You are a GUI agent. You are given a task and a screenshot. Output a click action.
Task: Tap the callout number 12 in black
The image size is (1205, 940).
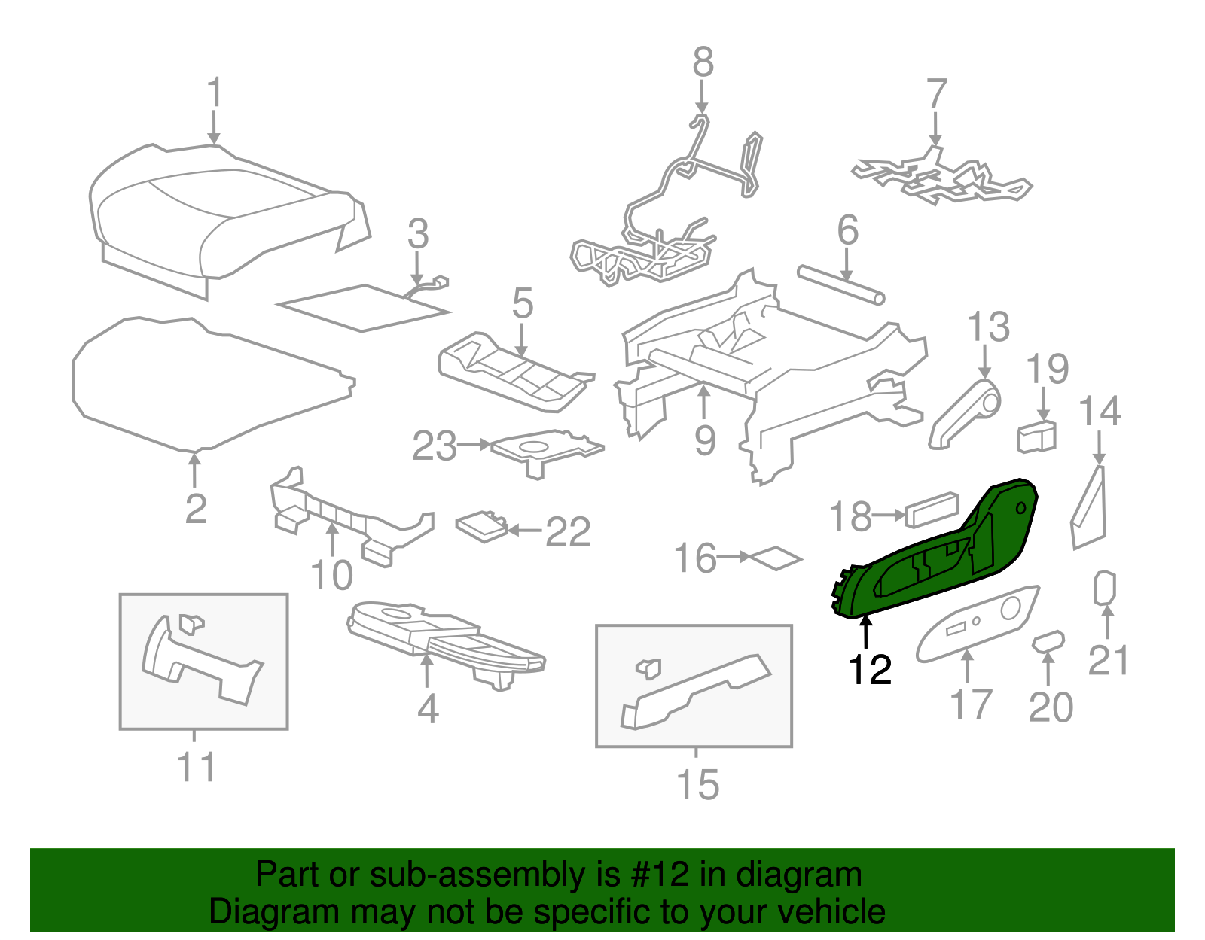(870, 669)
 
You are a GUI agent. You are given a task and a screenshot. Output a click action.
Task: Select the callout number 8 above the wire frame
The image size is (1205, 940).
(703, 62)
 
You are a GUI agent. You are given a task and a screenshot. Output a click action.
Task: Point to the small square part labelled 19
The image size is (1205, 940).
(1037, 437)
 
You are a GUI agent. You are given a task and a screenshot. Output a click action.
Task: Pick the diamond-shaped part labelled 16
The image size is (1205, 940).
(776, 558)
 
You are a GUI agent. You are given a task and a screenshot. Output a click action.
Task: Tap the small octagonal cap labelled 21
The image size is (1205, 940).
(1105, 589)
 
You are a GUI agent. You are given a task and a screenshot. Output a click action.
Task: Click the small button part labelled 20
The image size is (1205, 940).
(1048, 641)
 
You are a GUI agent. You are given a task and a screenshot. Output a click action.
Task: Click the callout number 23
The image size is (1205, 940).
(435, 446)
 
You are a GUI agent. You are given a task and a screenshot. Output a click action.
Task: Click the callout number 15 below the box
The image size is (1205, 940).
(697, 784)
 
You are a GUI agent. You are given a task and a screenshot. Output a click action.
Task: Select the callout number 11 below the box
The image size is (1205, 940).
(196, 768)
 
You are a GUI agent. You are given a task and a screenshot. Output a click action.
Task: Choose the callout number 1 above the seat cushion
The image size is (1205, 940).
(215, 93)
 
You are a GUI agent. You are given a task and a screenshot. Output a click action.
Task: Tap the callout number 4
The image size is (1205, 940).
(428, 709)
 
